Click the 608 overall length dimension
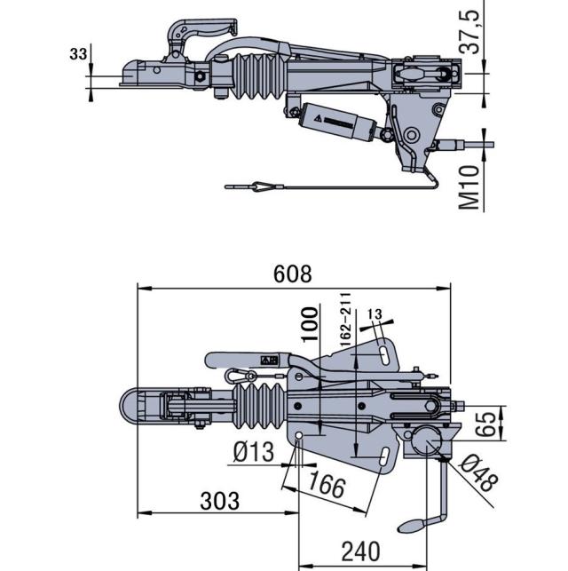[x=293, y=274]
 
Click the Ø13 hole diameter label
[x=254, y=452]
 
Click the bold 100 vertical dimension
[x=310, y=326]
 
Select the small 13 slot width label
[x=374, y=313]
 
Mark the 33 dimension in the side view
[x=78, y=54]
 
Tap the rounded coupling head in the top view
[x=133, y=409]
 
